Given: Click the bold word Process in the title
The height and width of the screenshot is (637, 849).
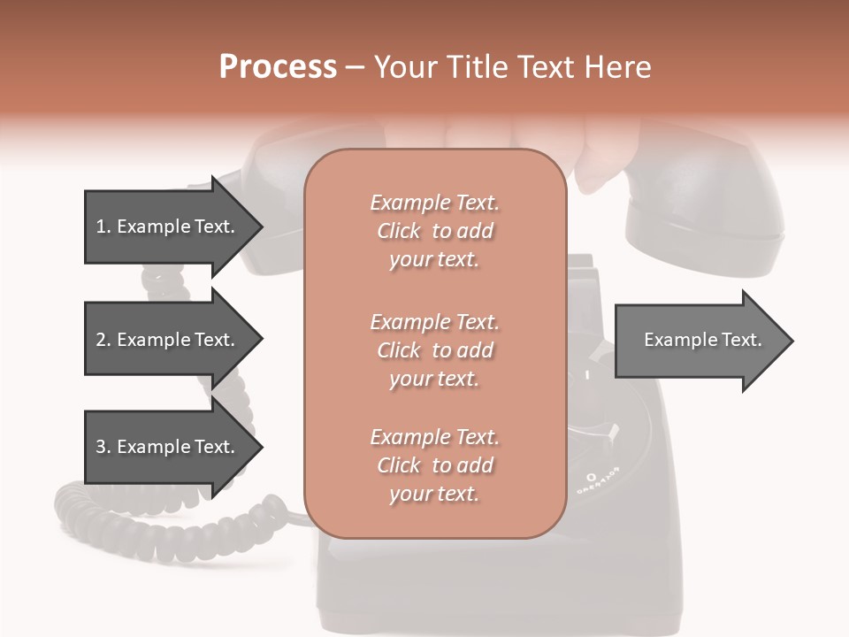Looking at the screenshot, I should [278, 67].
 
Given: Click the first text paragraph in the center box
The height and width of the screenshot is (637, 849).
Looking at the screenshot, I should [434, 231].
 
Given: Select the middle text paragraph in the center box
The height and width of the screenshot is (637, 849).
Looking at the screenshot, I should [434, 350].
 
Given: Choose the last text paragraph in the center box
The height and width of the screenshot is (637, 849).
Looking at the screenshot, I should [434, 465].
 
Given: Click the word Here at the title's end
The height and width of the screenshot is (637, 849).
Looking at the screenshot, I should [618, 67].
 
